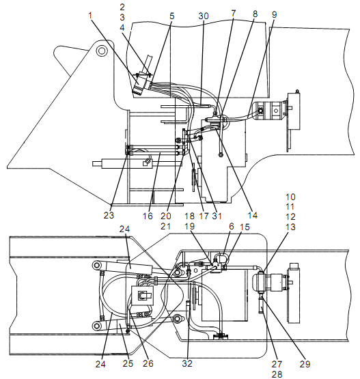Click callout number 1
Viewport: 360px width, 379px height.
click(90, 16)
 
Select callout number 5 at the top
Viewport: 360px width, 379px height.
click(171, 16)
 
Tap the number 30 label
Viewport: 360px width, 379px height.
click(204, 16)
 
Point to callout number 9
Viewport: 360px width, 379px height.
click(274, 15)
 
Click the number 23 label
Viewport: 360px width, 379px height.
click(109, 215)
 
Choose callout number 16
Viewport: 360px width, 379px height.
click(148, 216)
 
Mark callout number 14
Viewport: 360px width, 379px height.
click(253, 215)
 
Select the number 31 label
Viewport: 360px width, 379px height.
click(217, 216)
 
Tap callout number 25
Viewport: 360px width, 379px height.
click(128, 363)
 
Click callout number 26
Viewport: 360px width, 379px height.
click(148, 363)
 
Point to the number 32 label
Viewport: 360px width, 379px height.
click(187, 363)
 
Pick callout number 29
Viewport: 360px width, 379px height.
click(305, 364)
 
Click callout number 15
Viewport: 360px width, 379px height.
click(245, 227)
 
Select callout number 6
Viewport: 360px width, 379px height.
click(232, 226)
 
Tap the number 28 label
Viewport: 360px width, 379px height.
click(277, 374)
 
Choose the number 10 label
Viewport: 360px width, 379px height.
click(290, 197)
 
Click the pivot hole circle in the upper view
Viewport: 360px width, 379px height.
click(101, 51)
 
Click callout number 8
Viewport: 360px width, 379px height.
click(255, 14)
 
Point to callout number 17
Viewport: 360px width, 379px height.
click(204, 216)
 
